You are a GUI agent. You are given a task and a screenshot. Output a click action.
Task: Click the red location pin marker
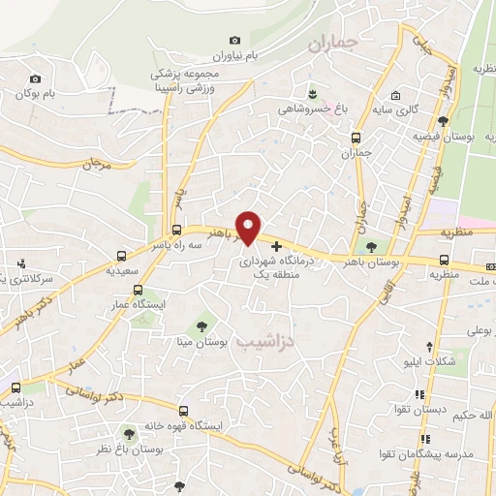coord(249,228)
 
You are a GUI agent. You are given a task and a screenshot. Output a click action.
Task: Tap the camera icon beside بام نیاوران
coord(233,39)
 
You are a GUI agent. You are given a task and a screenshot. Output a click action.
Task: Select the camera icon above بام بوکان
coord(36,78)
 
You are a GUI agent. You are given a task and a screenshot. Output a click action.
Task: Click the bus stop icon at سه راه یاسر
coord(176,231)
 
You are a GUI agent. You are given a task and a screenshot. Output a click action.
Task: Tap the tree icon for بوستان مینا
coord(201,325)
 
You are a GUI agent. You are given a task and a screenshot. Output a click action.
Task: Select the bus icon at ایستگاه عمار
coord(138,289)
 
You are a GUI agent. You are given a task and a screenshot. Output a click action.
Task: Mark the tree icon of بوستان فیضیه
coord(443,122)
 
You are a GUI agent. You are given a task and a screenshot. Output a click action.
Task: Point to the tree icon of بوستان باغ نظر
coord(129,434)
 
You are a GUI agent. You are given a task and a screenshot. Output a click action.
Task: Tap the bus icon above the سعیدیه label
coord(121,257)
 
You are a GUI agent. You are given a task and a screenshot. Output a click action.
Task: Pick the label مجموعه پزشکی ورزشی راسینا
coord(184,80)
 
